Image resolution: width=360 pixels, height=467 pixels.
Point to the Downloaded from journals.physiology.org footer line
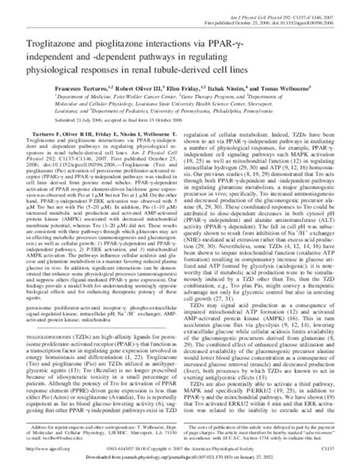point(179,458)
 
